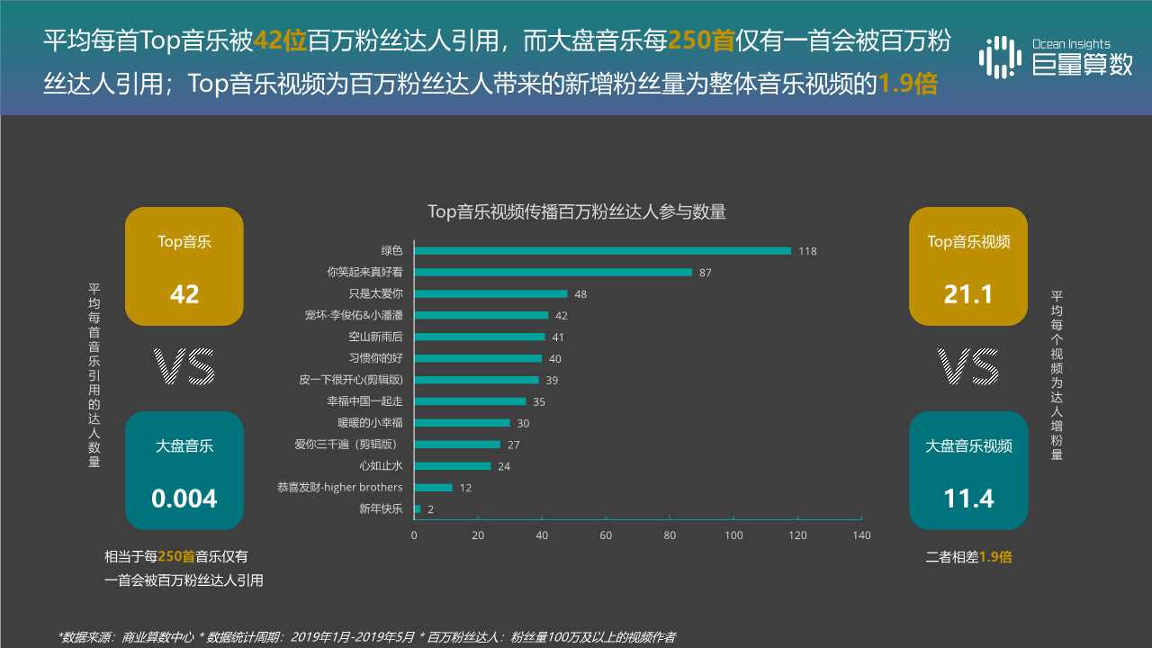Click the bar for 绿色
pos(602,250)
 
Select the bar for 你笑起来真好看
pos(553,272)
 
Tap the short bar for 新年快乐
pos(417,509)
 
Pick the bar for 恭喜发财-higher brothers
pos(433,488)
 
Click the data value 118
pos(807,251)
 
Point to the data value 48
pos(580,294)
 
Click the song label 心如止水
pos(381,466)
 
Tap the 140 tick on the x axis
pos(861,535)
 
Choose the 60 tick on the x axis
pos(606,535)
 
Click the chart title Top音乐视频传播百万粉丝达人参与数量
pos(576,212)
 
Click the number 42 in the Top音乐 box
pos(184,294)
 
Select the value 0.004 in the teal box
pos(184,499)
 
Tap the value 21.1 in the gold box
pos(968,294)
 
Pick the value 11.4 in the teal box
pos(968,499)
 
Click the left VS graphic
pos(184,367)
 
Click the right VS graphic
pos(968,367)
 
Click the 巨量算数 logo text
pos(1082,65)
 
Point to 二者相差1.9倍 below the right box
pos(968,557)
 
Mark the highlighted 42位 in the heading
pos(280,41)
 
